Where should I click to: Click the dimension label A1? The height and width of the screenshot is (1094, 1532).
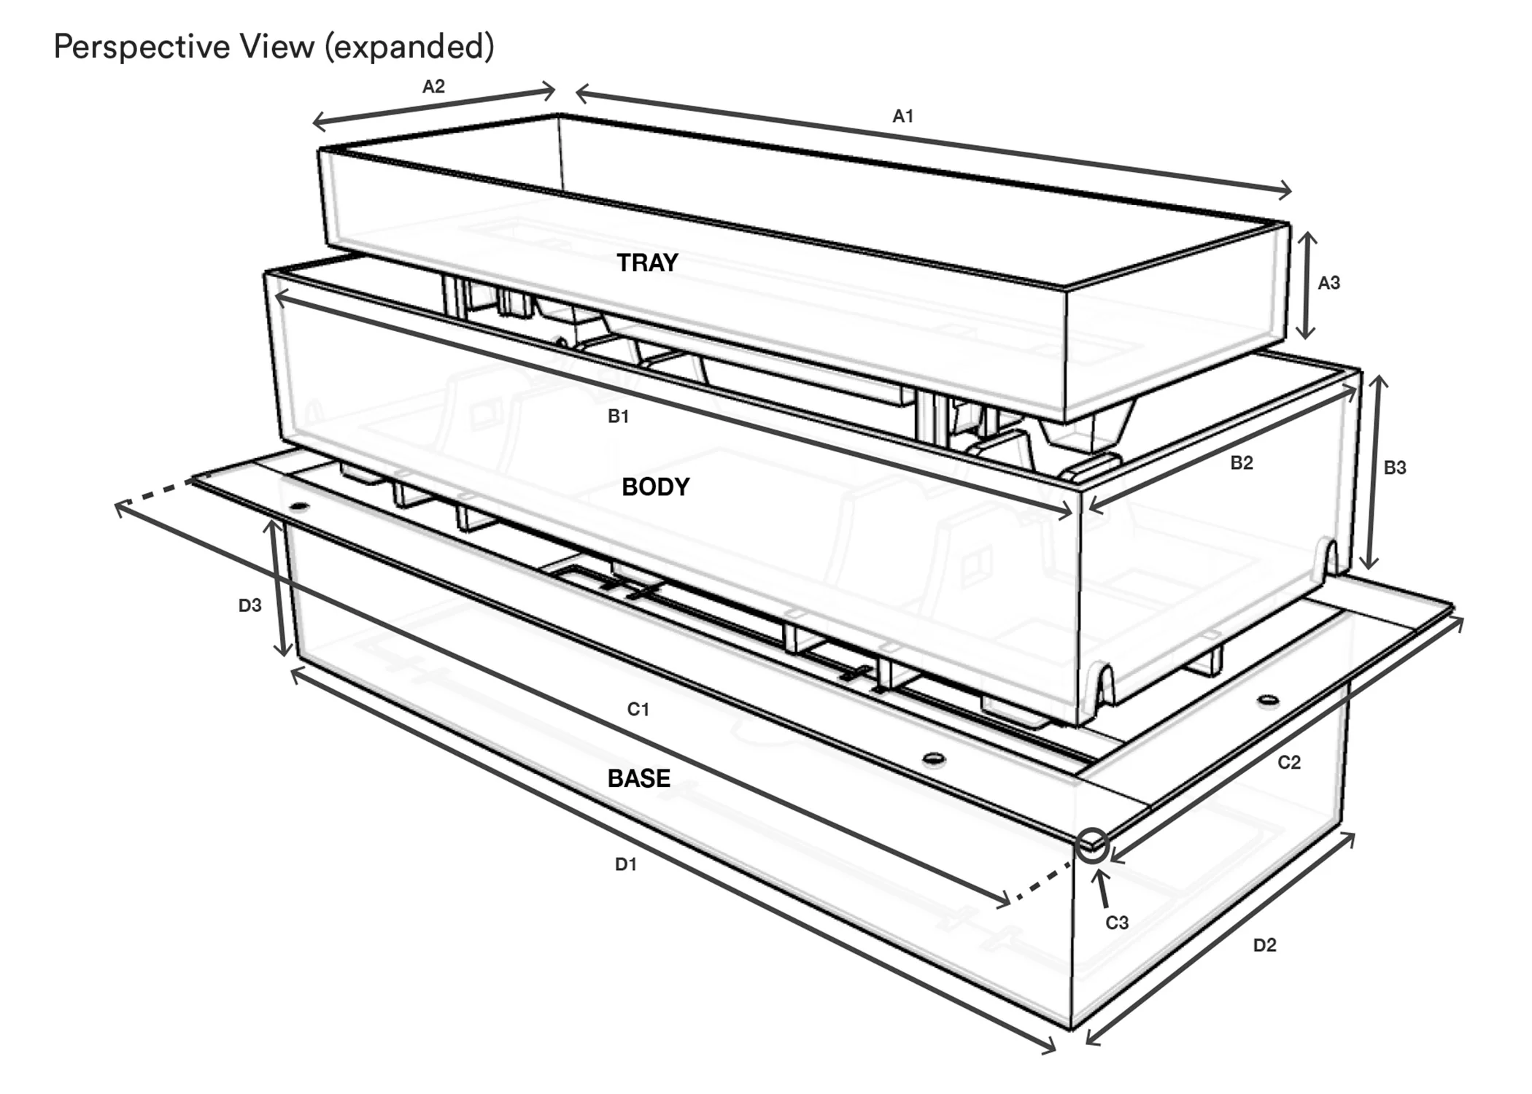(x=902, y=116)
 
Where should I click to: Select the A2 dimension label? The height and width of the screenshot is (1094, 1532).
(x=433, y=87)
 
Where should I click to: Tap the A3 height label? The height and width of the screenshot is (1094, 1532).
(x=1329, y=283)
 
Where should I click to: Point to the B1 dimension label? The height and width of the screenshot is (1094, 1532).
(x=619, y=416)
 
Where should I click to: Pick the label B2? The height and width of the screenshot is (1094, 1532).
(x=1242, y=462)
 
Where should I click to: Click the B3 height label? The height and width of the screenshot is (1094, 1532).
(x=1395, y=468)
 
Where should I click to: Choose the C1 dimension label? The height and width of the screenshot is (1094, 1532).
(x=638, y=709)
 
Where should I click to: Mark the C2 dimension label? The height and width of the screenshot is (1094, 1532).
(x=1289, y=762)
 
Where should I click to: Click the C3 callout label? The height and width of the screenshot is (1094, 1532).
(x=1117, y=923)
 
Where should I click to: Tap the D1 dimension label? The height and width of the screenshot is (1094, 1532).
(x=626, y=864)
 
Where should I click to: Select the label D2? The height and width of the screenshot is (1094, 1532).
(x=1265, y=945)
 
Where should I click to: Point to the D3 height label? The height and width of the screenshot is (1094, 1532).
(x=250, y=605)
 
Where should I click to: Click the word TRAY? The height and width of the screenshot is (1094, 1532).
(x=648, y=263)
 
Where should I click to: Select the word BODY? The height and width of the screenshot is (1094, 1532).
(x=656, y=486)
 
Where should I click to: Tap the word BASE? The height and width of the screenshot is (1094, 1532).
(x=639, y=778)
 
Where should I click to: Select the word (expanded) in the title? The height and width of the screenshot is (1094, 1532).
(x=409, y=47)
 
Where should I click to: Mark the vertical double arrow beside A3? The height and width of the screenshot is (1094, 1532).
(x=1307, y=285)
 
